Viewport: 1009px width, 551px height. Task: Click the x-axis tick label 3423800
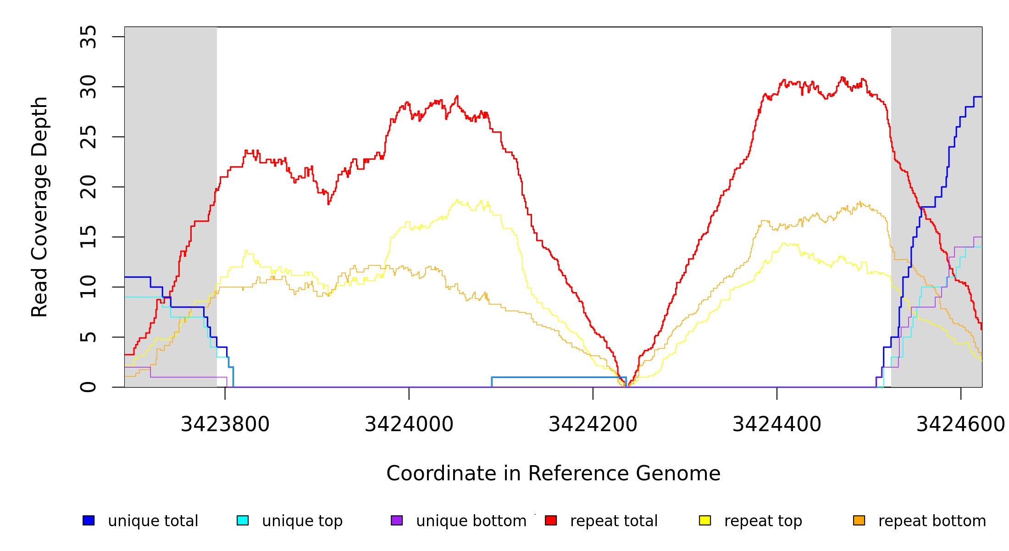pyautogui.click(x=225, y=425)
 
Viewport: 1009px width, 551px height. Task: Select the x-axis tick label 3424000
pyautogui.click(x=409, y=425)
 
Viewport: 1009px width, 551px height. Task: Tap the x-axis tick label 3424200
pyautogui.click(x=593, y=425)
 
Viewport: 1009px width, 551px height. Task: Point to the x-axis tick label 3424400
pyautogui.click(x=777, y=425)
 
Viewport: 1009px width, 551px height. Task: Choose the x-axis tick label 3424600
pyautogui.click(x=960, y=425)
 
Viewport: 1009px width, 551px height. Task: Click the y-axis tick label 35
pyautogui.click(x=89, y=37)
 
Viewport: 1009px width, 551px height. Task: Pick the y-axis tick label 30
pyautogui.click(x=89, y=87)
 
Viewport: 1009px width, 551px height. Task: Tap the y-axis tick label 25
pyautogui.click(x=89, y=137)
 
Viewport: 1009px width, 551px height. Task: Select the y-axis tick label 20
pyautogui.click(x=89, y=187)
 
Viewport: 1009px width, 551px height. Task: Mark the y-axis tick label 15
pyautogui.click(x=89, y=237)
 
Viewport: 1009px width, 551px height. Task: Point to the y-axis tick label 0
pyautogui.click(x=89, y=387)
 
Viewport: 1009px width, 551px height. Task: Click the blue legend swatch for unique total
pyautogui.click(x=89, y=520)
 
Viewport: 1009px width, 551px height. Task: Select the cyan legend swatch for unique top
pyautogui.click(x=243, y=520)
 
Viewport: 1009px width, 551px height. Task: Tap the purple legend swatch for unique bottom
pyautogui.click(x=397, y=520)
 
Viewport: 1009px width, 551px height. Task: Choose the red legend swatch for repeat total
pyautogui.click(x=551, y=520)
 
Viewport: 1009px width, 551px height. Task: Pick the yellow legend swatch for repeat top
pyautogui.click(x=705, y=520)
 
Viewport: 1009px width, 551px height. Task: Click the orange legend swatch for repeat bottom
pyautogui.click(x=859, y=520)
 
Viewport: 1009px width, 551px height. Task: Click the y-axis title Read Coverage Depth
pyautogui.click(x=40, y=207)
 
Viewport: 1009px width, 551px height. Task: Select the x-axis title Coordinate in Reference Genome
pyautogui.click(x=553, y=474)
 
